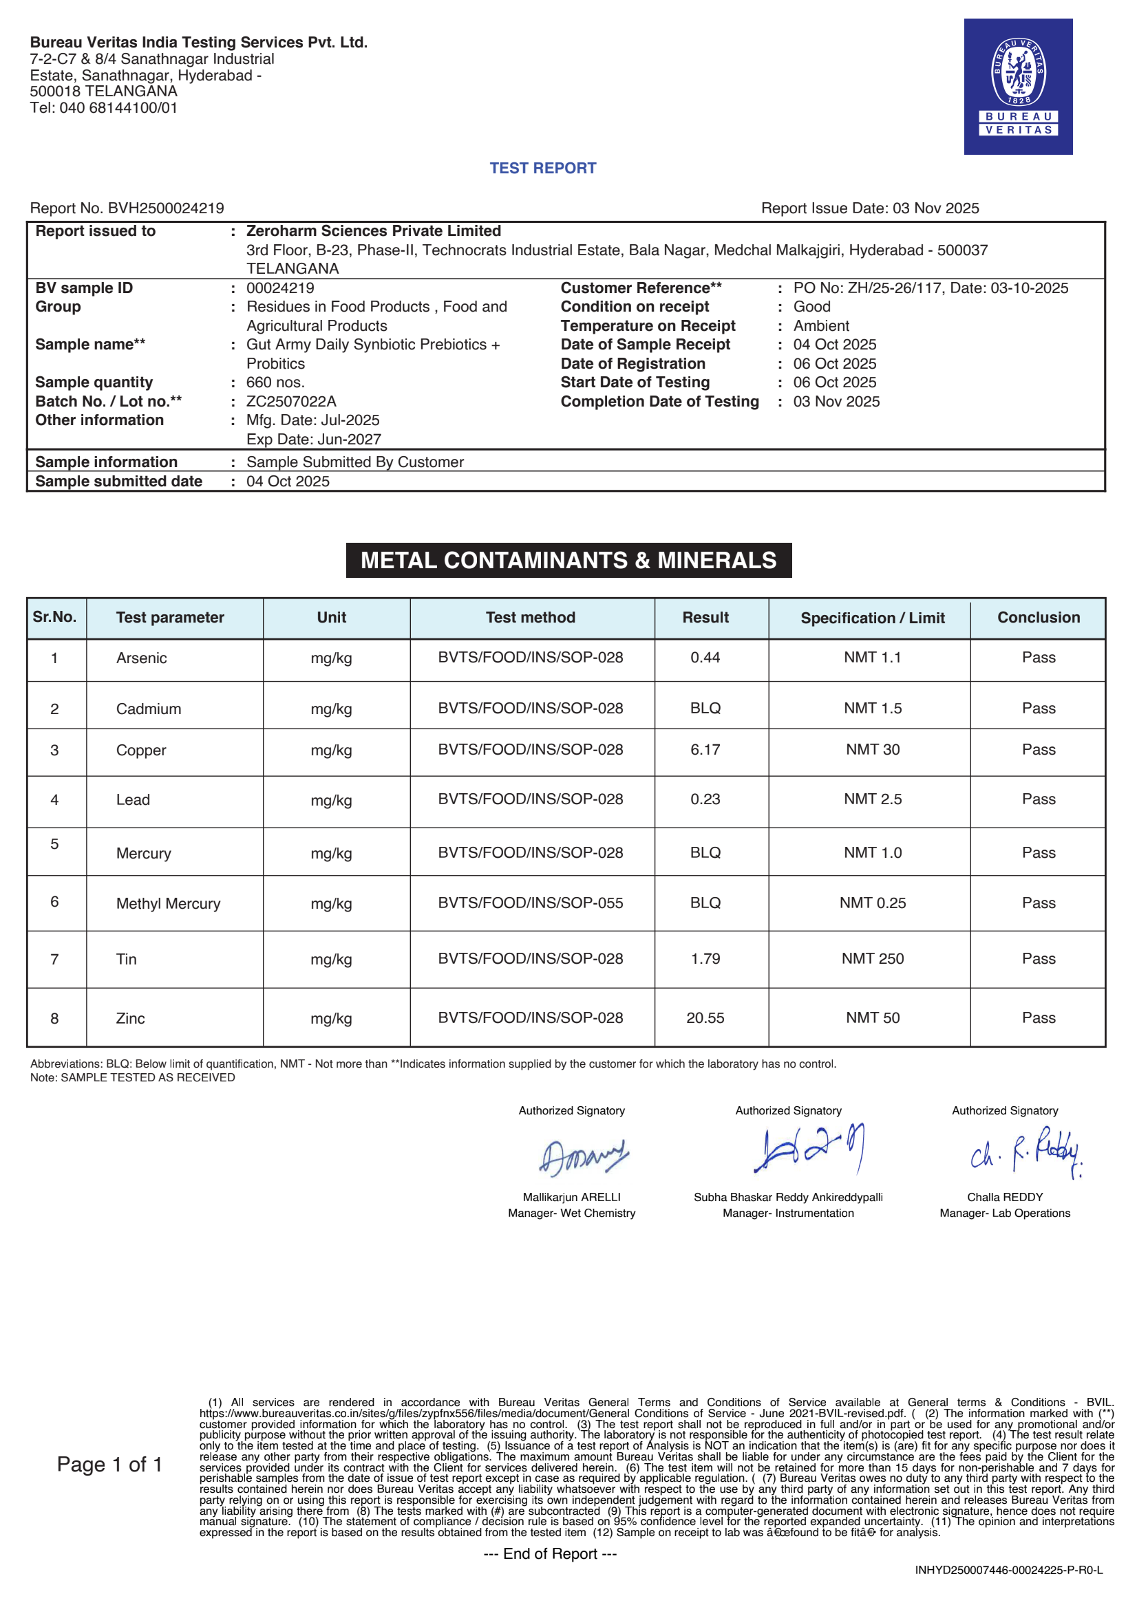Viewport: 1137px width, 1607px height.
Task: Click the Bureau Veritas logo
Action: pos(1017,86)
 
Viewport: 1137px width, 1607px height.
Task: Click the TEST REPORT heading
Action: pos(542,168)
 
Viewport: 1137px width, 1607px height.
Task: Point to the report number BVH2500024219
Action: pos(166,208)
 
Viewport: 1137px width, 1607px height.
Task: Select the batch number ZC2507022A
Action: pos(291,401)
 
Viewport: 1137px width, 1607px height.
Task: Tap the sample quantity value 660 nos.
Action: pos(275,382)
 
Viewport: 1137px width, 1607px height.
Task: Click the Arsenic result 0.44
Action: pos(705,657)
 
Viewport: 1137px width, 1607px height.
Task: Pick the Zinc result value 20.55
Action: pos(705,1017)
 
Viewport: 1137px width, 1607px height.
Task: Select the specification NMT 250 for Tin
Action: pos(872,958)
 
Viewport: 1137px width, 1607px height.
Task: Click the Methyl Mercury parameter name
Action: pos(168,903)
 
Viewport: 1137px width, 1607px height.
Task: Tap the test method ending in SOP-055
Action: pos(530,903)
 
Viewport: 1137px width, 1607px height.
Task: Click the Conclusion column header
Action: pos(1039,617)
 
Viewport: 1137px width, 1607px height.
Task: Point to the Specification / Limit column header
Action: pos(872,618)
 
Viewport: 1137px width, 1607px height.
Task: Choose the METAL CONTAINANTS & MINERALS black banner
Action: pos(568,560)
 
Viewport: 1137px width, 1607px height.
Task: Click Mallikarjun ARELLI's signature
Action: pos(582,1157)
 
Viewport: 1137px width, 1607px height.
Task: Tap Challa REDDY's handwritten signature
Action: pos(1026,1152)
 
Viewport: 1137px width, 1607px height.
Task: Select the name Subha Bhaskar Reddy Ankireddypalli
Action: pos(787,1197)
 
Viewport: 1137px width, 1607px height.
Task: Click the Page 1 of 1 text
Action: pos(110,1464)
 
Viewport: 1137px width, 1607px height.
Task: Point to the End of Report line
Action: pos(550,1554)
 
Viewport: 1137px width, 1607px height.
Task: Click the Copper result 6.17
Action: pos(705,750)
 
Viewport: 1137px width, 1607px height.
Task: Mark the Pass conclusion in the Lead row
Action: pos(1039,799)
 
